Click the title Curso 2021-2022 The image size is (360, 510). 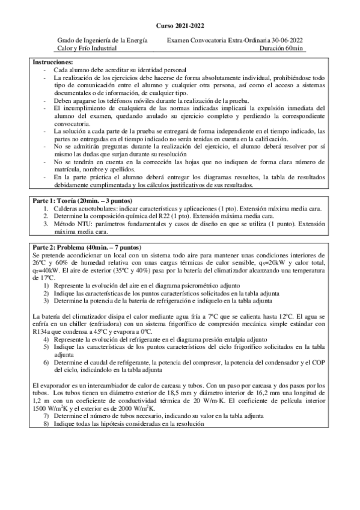click(x=180, y=26)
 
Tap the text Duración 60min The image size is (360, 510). click(x=282, y=48)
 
